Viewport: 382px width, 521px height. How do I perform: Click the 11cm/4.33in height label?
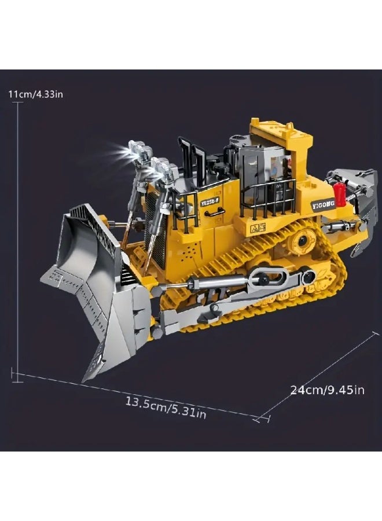[35, 94]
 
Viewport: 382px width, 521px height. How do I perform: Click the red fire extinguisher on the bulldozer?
[339, 194]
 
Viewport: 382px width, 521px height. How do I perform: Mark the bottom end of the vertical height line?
[19, 375]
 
